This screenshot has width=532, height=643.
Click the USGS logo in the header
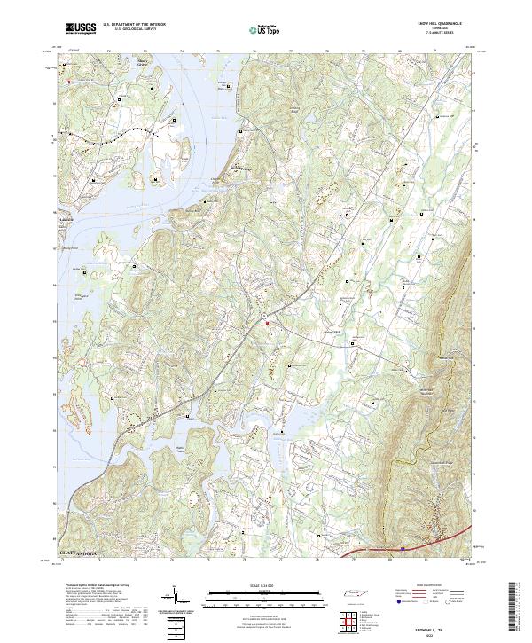point(82,29)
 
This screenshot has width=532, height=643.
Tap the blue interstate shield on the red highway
point(403,549)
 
